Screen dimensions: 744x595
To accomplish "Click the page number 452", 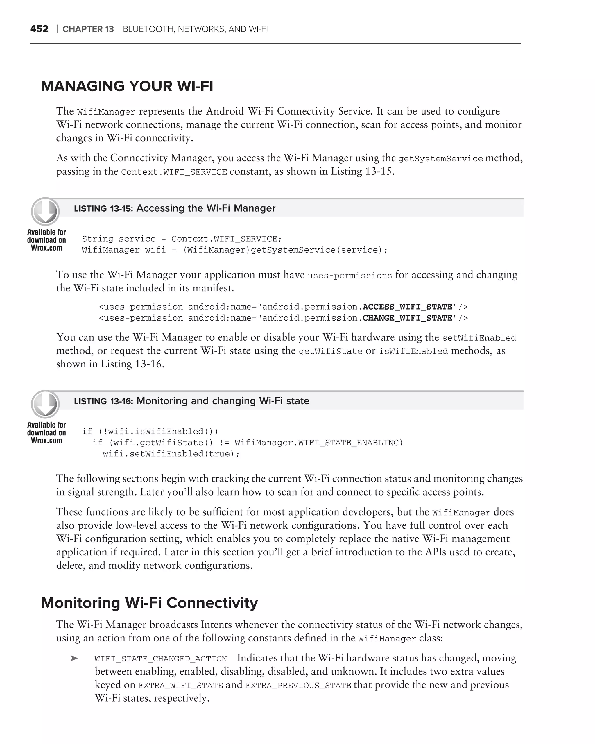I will click(x=39, y=29).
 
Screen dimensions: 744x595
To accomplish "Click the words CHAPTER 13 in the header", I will click(x=88, y=29).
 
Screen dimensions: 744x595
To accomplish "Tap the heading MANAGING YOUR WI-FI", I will click(x=127, y=86).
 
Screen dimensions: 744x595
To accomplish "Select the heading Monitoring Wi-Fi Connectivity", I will click(x=149, y=603).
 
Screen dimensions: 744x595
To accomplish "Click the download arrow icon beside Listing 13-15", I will click(x=45, y=211).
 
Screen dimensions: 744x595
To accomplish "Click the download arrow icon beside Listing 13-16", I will click(x=45, y=404).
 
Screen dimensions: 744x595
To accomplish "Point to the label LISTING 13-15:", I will click(x=103, y=208).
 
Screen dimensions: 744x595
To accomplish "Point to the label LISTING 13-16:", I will click(x=103, y=401).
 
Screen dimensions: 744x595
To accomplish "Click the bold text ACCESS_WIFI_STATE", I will click(x=407, y=307).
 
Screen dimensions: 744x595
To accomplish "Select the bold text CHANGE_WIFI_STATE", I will click(x=407, y=318).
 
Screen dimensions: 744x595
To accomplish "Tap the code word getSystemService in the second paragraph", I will click(x=440, y=159).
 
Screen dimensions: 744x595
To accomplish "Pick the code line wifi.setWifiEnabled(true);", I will click(x=171, y=454).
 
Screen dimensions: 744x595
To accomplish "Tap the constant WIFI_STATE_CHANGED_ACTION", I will click(x=161, y=659).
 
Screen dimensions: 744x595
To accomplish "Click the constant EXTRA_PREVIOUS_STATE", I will click(x=298, y=685).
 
